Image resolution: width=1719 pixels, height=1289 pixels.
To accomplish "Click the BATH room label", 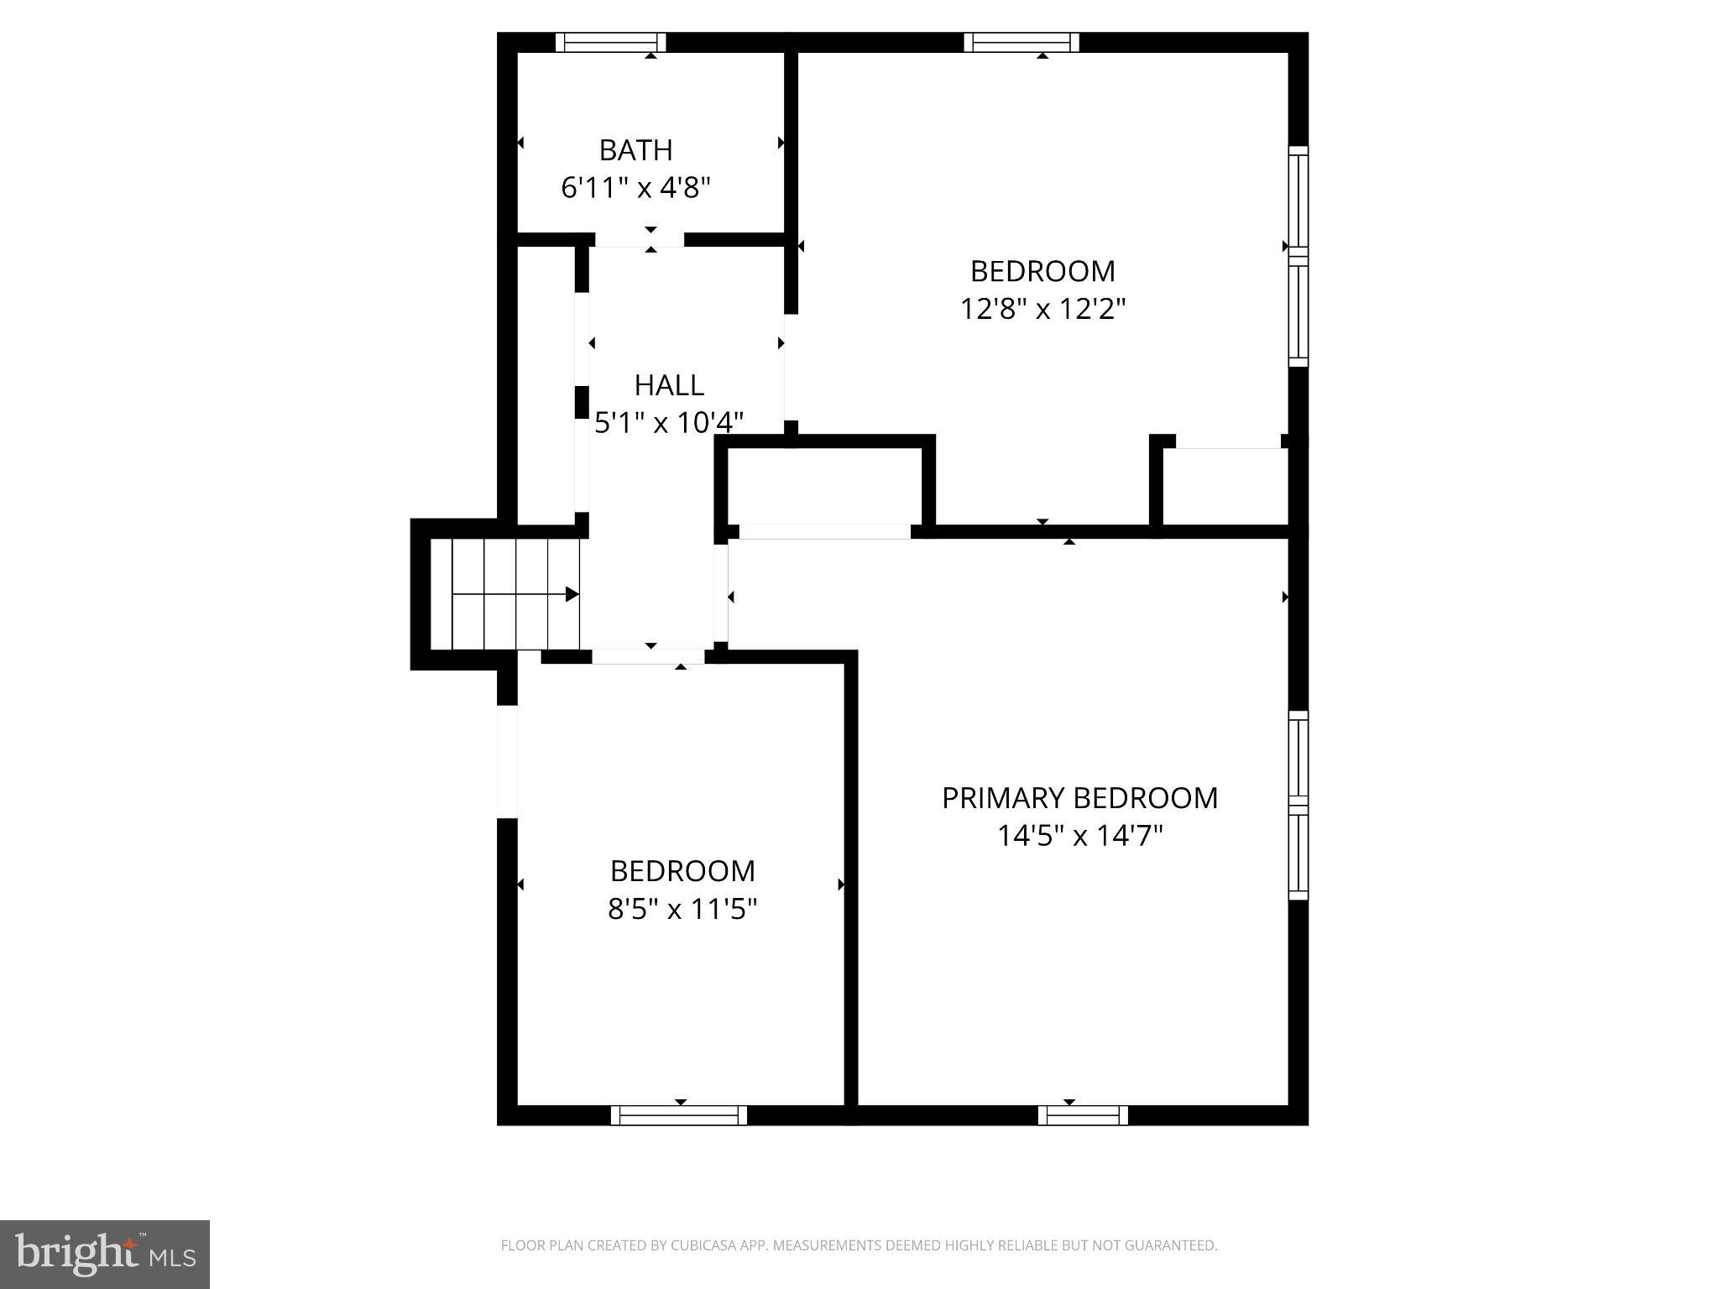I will click(x=635, y=150).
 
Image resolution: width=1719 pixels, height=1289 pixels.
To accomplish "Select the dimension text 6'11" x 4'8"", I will click(x=635, y=187).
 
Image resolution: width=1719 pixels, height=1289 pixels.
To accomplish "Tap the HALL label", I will click(x=669, y=385).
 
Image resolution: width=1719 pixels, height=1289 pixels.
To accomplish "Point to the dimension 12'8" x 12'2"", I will click(x=1042, y=309).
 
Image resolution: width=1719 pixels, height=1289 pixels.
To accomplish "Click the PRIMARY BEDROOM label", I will click(x=1079, y=798).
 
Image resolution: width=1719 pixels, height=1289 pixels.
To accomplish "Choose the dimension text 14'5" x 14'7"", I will click(x=1079, y=836).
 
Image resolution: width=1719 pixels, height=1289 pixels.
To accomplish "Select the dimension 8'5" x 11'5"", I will click(x=682, y=909).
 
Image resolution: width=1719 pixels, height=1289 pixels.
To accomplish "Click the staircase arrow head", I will click(x=572, y=594).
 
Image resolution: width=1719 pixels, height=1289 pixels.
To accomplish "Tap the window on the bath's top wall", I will click(x=610, y=42).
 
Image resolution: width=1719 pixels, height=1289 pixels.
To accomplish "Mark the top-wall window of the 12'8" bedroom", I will click(x=1021, y=42).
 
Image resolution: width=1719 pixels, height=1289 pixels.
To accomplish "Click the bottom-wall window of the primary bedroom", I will click(x=1083, y=1115).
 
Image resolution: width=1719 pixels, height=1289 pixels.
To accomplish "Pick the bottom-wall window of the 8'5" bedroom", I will click(x=678, y=1115).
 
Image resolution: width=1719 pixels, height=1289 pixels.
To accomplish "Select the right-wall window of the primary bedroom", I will click(x=1298, y=806).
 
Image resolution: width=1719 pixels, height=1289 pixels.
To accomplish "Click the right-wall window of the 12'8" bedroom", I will click(x=1298, y=256).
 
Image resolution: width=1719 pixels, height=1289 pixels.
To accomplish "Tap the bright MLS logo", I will click(x=105, y=1254).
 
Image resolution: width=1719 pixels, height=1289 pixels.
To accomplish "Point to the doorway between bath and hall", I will click(x=640, y=239).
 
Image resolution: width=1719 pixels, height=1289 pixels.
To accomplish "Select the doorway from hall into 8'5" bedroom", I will click(x=648, y=656).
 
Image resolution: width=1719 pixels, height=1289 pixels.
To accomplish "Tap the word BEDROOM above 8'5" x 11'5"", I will click(x=682, y=871).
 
